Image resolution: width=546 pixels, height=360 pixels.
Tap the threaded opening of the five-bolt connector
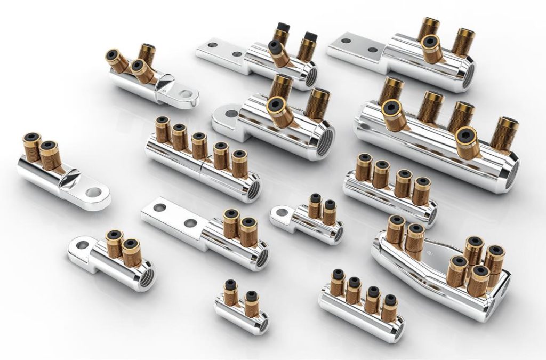(x=253, y=189)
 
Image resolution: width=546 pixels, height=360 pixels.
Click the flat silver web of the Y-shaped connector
(x=435, y=249)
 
